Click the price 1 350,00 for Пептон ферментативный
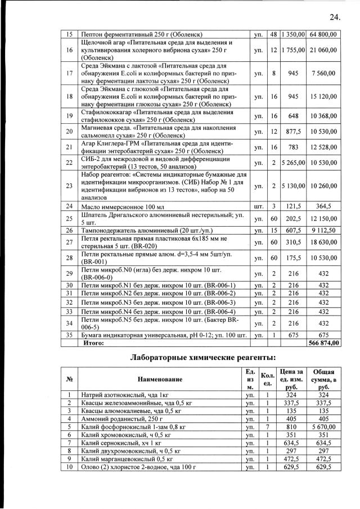(293, 35)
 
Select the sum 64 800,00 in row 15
(323, 35)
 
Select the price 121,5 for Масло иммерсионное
(293, 206)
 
